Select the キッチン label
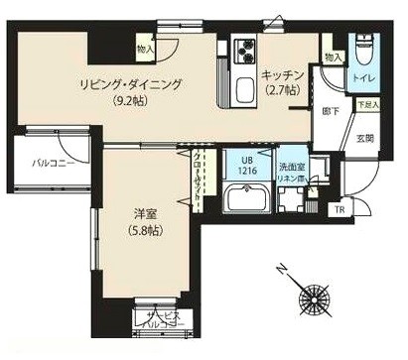[x=282, y=74]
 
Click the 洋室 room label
[x=146, y=213]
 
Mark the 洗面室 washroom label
[x=290, y=167]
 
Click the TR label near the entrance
[x=340, y=209]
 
